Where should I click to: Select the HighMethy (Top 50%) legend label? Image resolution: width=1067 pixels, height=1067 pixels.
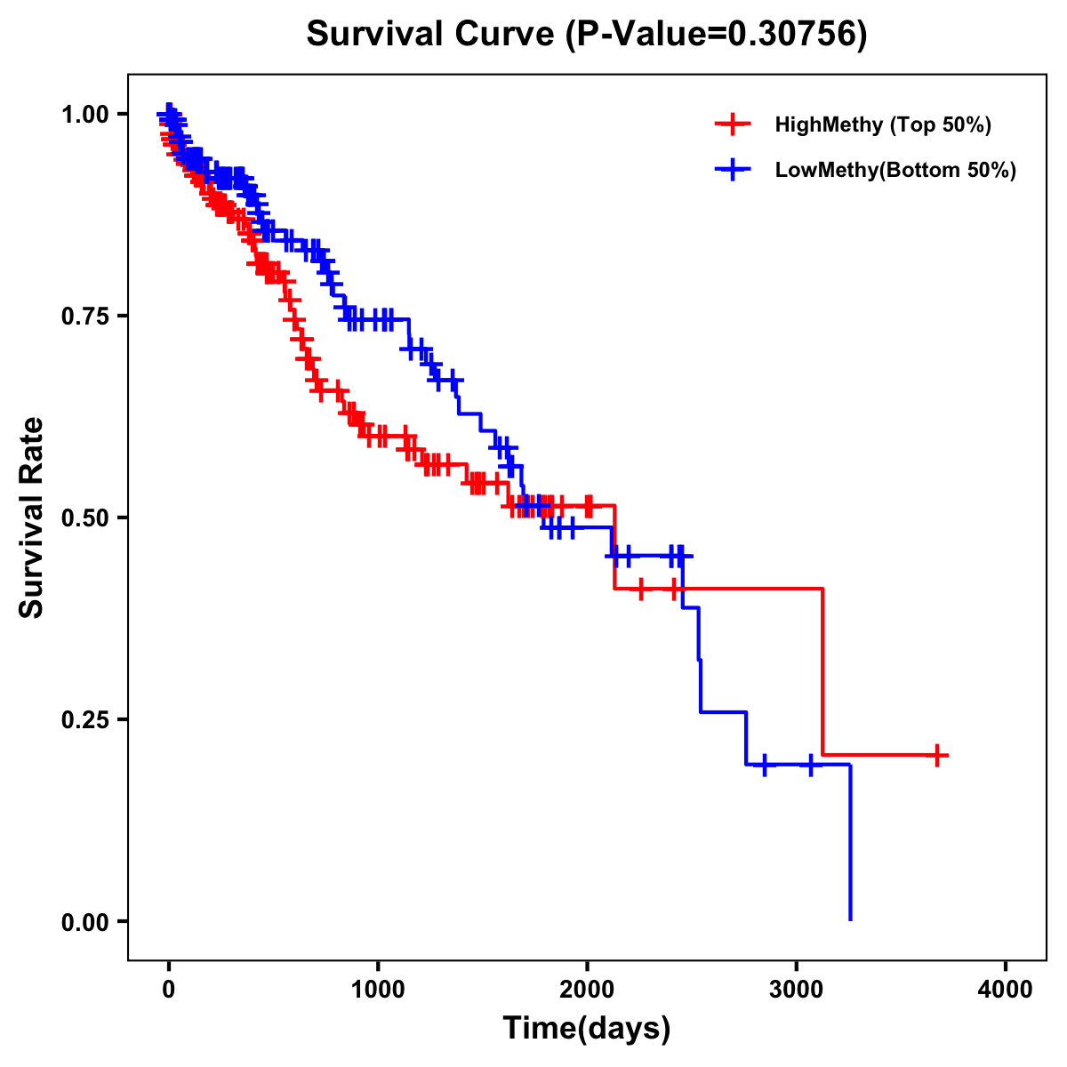click(883, 124)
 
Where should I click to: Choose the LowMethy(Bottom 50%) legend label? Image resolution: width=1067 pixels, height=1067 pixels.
click(895, 170)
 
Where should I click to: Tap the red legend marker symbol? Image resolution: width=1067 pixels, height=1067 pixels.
click(733, 124)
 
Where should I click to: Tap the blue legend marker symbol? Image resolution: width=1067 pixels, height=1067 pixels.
click(733, 170)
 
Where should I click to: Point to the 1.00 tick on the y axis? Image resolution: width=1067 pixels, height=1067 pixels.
click(84, 114)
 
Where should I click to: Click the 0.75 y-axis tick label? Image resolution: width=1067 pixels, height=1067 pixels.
click(84, 316)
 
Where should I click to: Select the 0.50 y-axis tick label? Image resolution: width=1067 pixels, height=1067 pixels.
click(84, 517)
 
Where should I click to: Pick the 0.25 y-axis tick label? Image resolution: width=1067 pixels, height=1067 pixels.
click(84, 719)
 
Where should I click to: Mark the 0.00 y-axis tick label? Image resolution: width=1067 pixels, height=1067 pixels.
click(84, 921)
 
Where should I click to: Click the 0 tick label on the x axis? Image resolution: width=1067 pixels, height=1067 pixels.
click(169, 990)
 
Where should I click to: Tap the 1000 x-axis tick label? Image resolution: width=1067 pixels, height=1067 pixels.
click(378, 990)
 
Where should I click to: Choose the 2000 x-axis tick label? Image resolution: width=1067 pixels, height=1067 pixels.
click(587, 990)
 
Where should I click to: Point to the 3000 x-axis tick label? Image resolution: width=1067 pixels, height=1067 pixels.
click(797, 990)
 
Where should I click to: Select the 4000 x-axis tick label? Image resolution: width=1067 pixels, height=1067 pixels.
click(1006, 990)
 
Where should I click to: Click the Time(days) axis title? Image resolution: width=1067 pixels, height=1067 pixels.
click(587, 1029)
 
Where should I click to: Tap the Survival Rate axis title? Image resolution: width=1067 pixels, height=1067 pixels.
click(32, 517)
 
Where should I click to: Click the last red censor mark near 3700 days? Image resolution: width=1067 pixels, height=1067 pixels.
click(936, 755)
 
